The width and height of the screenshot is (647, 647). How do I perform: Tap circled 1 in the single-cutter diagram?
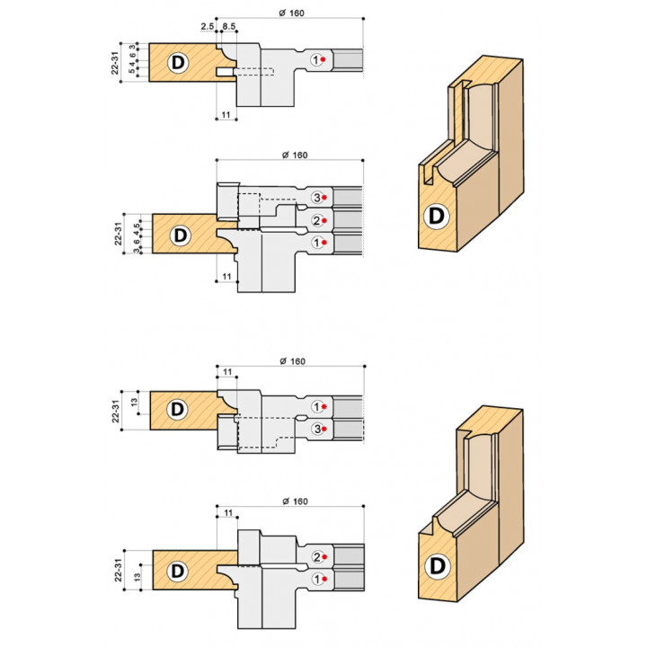coord(316,59)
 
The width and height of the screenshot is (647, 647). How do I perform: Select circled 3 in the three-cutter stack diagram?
coord(316,197)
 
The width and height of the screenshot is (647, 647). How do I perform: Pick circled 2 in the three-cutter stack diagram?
coord(316,220)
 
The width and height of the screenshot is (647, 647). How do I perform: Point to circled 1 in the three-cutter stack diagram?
coord(316,243)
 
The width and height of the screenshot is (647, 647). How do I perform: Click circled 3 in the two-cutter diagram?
coord(316,430)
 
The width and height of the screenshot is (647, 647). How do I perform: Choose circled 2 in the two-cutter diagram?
coord(316,557)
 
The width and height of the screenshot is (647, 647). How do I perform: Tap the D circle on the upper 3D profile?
coord(437,216)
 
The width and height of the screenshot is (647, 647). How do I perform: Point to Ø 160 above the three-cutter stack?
coord(294,155)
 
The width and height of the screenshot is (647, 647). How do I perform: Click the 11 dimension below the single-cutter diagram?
coord(226,116)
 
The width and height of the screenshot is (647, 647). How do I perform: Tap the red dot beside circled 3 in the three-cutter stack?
coord(327,197)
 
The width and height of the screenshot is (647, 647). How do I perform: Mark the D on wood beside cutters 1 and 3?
coord(178,409)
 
